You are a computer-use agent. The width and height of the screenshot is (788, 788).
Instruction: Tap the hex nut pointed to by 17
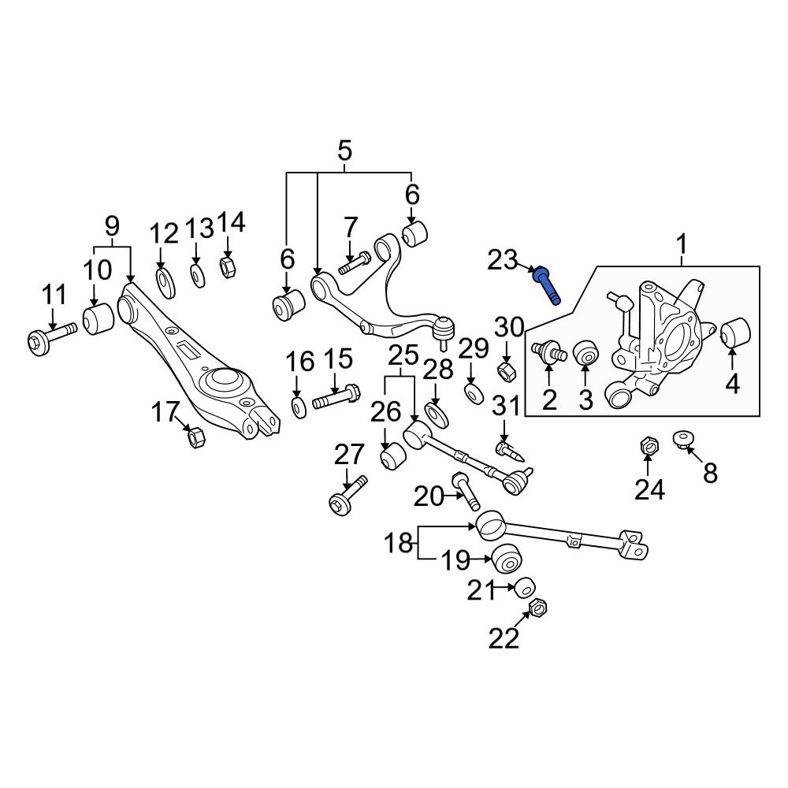coord(196,437)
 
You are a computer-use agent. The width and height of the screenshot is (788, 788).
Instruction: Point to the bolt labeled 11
coord(52,339)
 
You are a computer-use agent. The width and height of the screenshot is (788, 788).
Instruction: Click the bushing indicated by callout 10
coord(98,318)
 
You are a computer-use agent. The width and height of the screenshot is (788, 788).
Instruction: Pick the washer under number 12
coord(165,283)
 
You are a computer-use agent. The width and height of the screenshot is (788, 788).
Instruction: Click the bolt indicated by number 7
coord(355,262)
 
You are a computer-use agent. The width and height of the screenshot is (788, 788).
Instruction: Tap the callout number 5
coord(345,151)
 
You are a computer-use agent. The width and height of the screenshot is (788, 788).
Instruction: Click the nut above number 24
coord(649,445)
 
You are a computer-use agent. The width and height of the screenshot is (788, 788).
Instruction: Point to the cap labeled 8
coord(684,439)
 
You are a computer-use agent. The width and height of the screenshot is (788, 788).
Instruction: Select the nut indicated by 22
coord(538,609)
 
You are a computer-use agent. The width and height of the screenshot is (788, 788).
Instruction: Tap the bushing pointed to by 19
coord(507,559)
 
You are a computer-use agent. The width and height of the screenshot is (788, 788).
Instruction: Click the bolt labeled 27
coord(348,496)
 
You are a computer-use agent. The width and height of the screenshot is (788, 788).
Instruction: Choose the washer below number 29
coord(472,394)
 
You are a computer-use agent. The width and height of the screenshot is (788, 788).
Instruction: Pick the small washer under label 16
coord(299,407)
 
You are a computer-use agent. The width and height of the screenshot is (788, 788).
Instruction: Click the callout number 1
coord(682,245)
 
